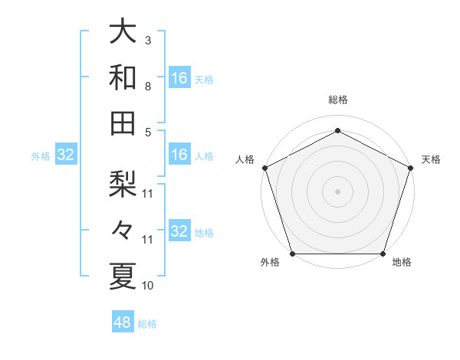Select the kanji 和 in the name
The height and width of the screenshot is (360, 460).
click(123, 77)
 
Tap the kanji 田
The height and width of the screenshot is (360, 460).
click(123, 122)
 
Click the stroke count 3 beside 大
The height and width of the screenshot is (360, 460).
click(147, 40)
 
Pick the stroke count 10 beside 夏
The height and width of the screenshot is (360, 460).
click(148, 286)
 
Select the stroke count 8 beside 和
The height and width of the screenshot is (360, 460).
click(147, 86)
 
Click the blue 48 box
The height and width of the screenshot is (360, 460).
click(123, 322)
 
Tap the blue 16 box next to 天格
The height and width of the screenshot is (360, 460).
click(179, 78)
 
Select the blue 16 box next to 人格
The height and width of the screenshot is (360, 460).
click(179, 155)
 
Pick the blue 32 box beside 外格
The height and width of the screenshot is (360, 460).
click(66, 155)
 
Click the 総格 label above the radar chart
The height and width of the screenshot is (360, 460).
click(337, 100)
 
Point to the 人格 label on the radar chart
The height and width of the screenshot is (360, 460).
click(245, 159)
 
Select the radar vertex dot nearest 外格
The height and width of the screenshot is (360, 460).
click(292, 254)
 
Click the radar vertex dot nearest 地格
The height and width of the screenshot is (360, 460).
click(383, 254)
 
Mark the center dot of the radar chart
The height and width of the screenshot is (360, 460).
click(337, 191)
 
